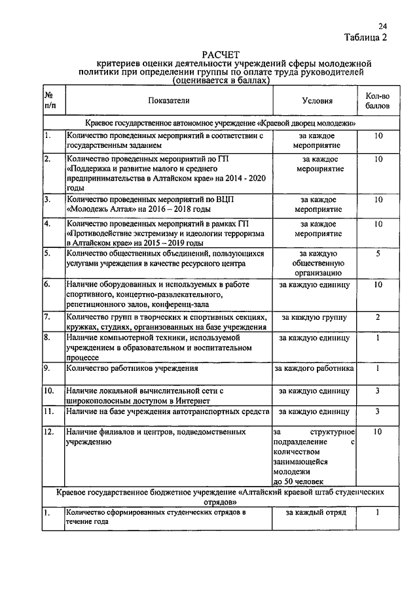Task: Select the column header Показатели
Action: click(x=168, y=101)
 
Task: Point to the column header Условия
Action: click(x=318, y=101)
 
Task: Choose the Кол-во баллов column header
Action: click(x=378, y=100)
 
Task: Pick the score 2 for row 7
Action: click(x=378, y=317)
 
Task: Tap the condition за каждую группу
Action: click(x=314, y=317)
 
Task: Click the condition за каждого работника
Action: click(x=314, y=368)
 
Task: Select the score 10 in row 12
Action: click(x=378, y=432)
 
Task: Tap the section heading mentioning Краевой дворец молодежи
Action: click(x=221, y=122)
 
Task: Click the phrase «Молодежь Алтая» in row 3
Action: click(x=96, y=209)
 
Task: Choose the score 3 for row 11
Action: click(x=378, y=411)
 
